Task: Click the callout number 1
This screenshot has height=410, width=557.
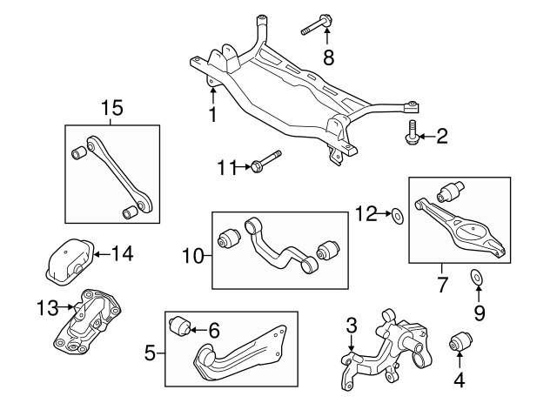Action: [x=211, y=113]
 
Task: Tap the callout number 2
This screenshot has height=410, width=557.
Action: [x=442, y=135]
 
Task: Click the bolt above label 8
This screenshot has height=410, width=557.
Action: [x=316, y=26]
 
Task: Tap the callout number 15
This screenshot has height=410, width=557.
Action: [x=111, y=109]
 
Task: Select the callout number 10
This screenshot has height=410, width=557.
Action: [x=192, y=256]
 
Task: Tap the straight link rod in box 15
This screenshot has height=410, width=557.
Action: [x=111, y=174]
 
